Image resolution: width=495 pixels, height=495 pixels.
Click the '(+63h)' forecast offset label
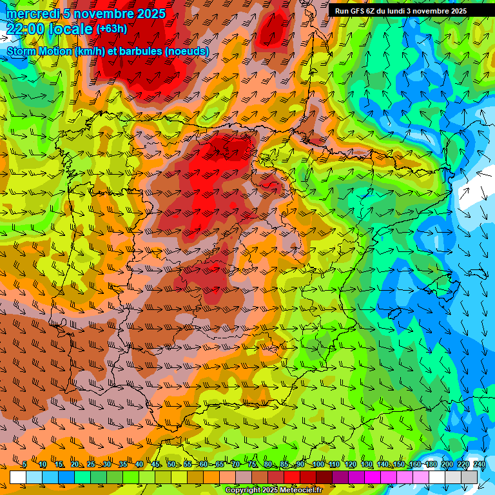[112, 29]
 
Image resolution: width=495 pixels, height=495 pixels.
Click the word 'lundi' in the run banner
[407, 11]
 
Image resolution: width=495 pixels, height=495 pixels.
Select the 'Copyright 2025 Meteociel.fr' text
[274, 490]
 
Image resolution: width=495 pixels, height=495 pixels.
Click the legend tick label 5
[24, 465]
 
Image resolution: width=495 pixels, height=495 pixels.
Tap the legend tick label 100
[318, 465]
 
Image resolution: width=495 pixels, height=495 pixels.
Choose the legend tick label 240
[480, 465]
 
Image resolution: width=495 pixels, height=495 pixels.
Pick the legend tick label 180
[431, 465]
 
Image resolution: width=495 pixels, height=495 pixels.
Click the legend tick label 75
[252, 465]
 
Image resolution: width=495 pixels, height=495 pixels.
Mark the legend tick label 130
[366, 465]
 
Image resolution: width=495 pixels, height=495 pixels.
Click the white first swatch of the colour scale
[18, 477]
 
